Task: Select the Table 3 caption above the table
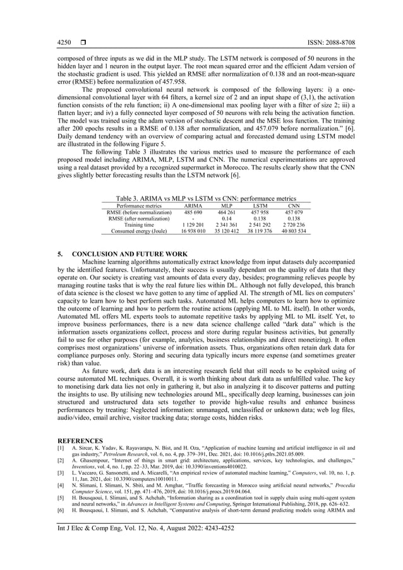coord(201,198)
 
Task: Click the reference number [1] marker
coord(61,447)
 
